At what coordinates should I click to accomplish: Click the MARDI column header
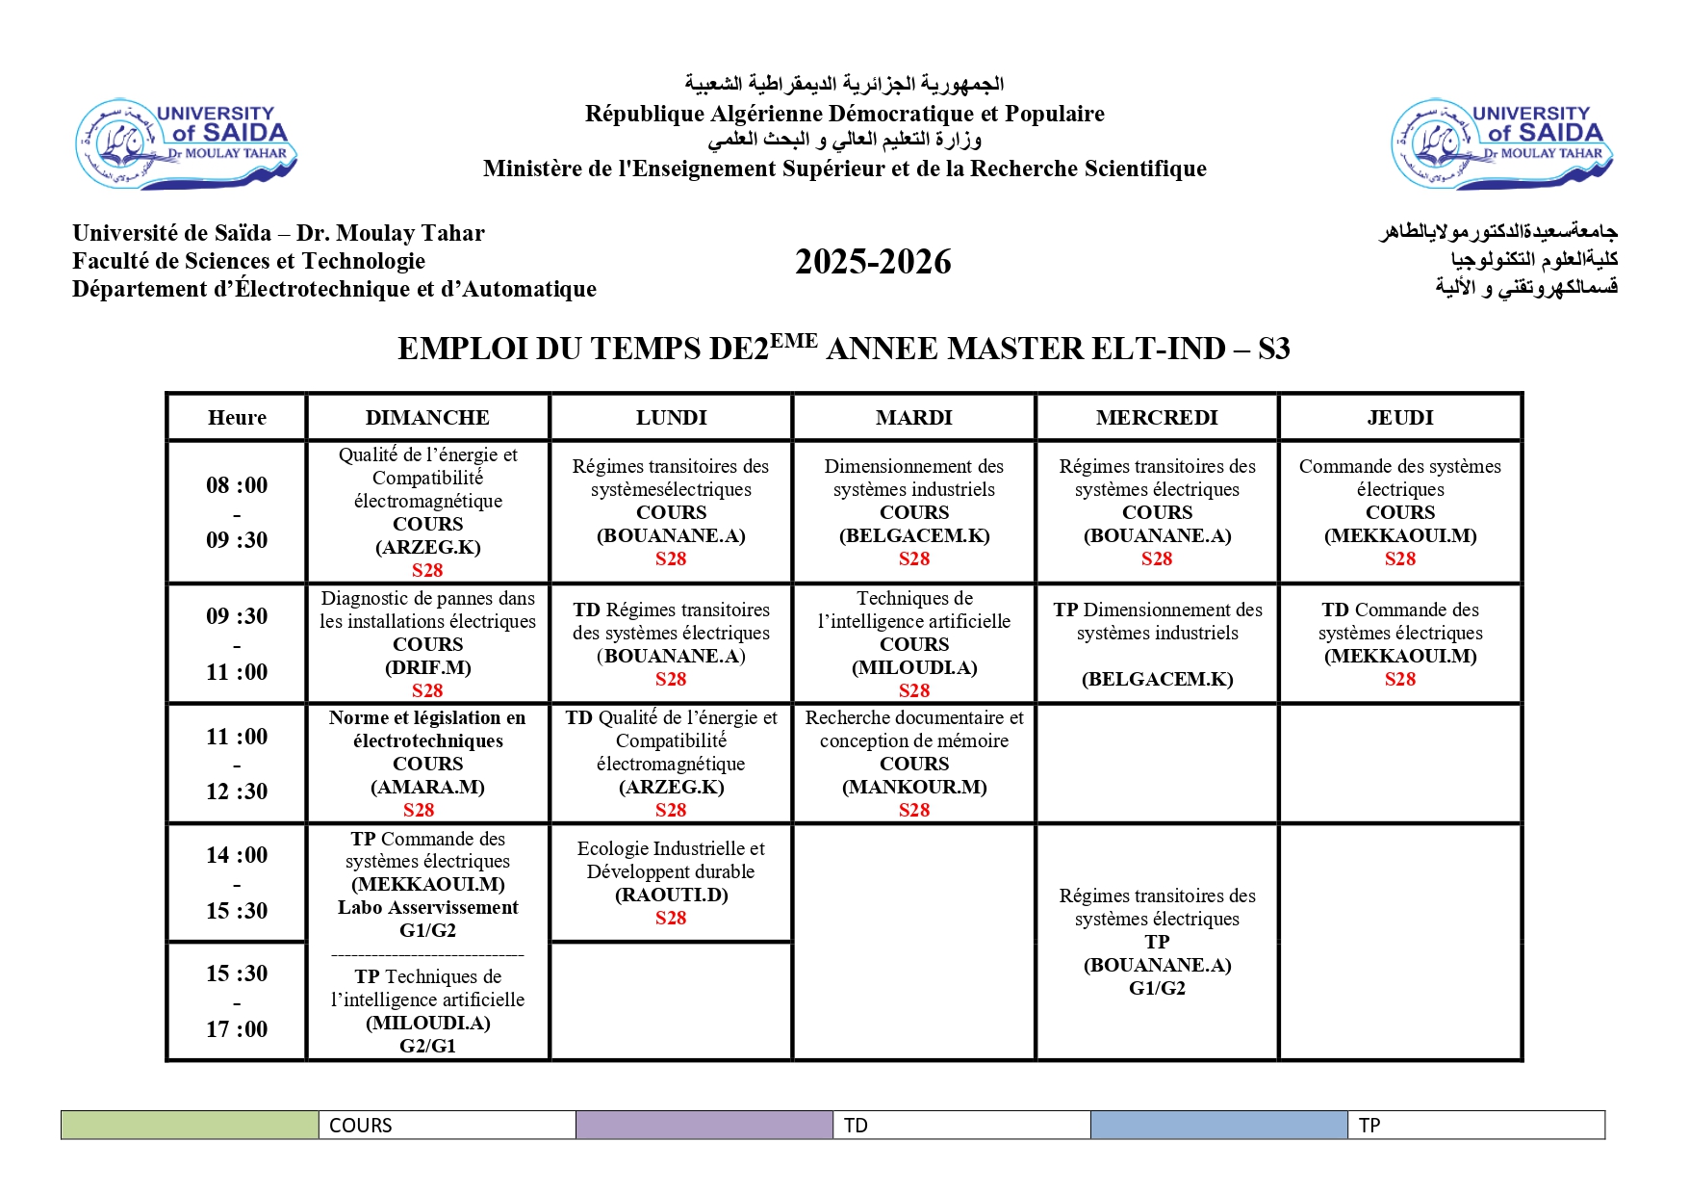click(913, 417)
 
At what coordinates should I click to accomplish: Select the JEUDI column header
click(1399, 417)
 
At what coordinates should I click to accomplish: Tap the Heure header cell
click(237, 417)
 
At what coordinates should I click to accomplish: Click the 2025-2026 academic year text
click(873, 262)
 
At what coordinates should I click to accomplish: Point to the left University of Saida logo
click(186, 143)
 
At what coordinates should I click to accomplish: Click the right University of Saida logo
click(1501, 143)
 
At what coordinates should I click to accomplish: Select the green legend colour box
click(190, 1125)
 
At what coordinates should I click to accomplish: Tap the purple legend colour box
click(704, 1125)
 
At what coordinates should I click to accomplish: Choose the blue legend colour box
click(1218, 1125)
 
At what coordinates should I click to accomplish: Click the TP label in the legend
click(1369, 1126)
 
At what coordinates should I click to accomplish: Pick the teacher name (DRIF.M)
click(427, 667)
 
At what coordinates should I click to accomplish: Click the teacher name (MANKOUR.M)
click(913, 787)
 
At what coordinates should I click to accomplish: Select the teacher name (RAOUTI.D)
click(671, 895)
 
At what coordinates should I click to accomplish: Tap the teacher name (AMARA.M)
click(427, 787)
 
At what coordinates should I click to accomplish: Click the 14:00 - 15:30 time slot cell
click(237, 883)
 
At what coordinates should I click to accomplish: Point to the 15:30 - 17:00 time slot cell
click(237, 1001)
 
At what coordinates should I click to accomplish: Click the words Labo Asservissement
click(427, 907)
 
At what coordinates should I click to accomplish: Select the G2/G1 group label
click(427, 1046)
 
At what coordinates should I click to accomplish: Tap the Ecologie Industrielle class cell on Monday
click(671, 882)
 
